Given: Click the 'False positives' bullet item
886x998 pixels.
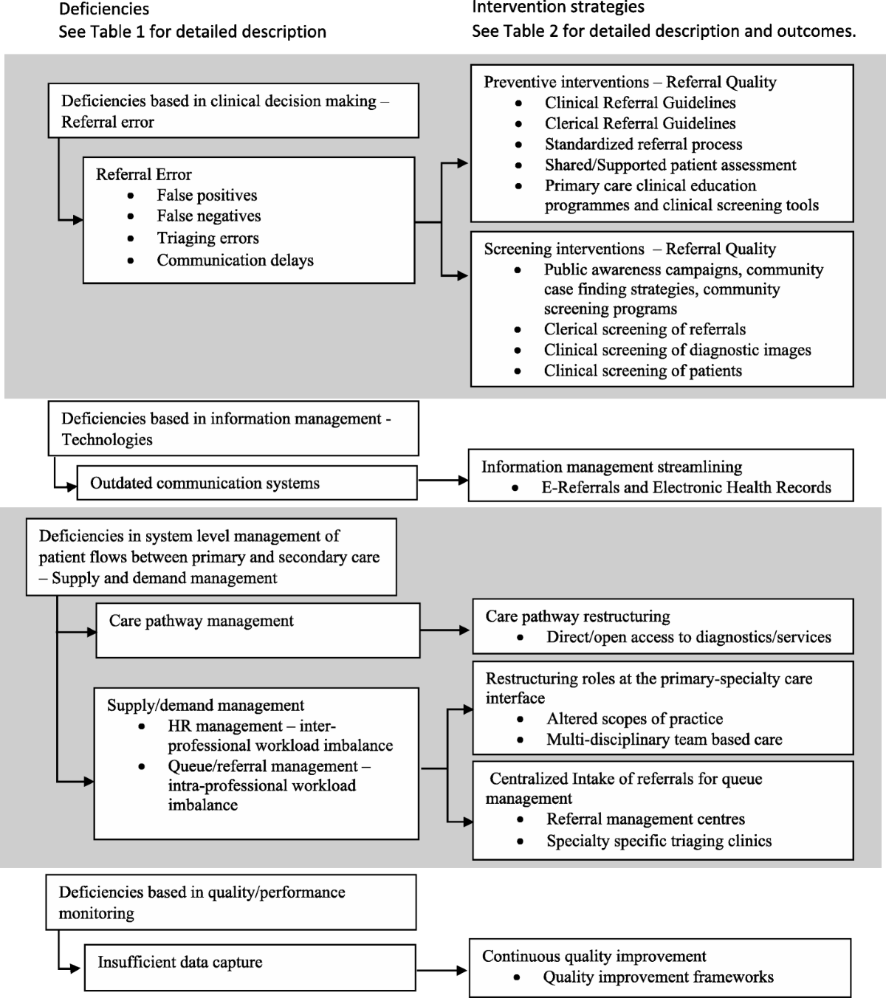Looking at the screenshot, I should [x=207, y=196].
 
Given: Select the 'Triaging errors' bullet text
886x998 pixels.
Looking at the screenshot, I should [x=207, y=238].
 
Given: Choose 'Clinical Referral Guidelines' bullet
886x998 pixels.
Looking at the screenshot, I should [x=640, y=103].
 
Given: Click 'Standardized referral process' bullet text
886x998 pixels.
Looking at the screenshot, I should [x=643, y=144].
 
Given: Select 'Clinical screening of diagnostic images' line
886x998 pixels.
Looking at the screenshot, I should [x=677, y=350].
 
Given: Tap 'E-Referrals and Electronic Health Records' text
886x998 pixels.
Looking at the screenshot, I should [x=686, y=488].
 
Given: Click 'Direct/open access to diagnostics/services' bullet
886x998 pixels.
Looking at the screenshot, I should [x=688, y=637].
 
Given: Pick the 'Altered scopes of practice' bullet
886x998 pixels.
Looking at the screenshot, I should [x=634, y=719].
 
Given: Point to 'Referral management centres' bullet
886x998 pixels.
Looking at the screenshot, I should [x=645, y=819].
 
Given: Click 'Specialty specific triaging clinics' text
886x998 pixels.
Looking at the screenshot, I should [x=659, y=842].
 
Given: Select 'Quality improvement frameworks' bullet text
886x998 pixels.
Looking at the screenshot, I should [x=658, y=977].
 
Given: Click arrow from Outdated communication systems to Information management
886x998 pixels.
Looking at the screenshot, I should [x=443, y=481].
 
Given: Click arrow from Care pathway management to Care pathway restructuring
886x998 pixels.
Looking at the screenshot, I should [x=445, y=630].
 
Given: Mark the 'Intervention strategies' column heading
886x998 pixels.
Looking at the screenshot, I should [x=558, y=7].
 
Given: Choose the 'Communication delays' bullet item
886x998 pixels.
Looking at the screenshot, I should [x=235, y=261].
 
